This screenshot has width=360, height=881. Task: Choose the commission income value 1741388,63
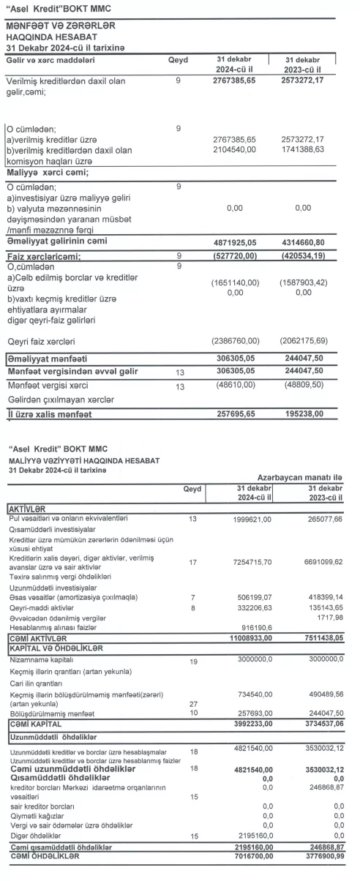pos(302,149)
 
